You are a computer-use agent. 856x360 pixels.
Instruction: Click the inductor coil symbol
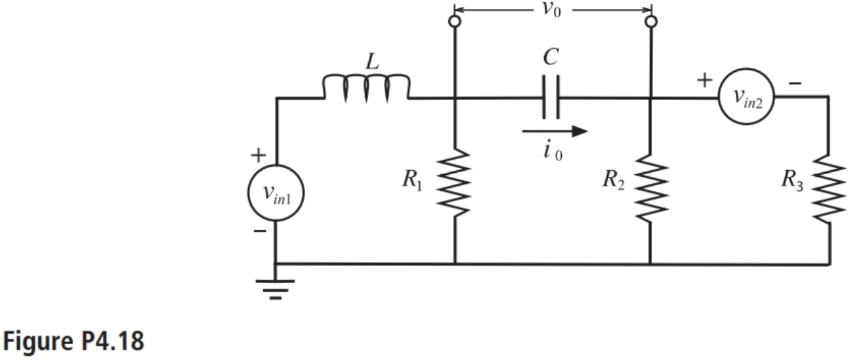[366, 88]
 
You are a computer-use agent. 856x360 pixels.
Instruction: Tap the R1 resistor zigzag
[455, 182]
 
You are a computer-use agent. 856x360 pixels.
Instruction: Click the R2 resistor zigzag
[650, 187]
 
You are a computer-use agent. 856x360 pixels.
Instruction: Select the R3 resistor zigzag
[829, 189]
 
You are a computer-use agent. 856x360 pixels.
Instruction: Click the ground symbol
[276, 288]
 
